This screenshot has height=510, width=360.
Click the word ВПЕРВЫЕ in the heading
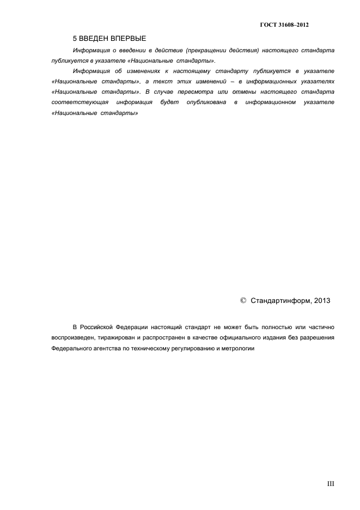click(126, 39)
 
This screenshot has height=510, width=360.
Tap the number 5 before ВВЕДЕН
click(75, 39)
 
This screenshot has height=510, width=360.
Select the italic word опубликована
click(204, 102)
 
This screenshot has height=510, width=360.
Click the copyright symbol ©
click(243, 300)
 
